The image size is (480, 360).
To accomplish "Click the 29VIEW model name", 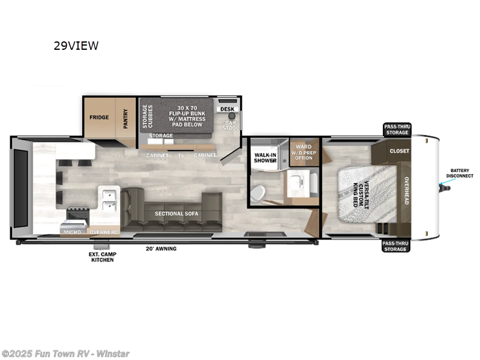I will coord(76,46).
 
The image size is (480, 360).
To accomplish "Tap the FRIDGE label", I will coord(99,117).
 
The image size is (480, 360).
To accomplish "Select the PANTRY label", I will coord(125,116).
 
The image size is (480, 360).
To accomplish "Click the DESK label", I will coord(227,109).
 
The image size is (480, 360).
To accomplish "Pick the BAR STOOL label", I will coord(230,125).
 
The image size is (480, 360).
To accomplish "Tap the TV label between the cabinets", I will coord(181,155).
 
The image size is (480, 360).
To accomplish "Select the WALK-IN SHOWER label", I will coord(264,157).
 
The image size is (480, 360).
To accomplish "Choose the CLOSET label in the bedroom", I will coord(398,151).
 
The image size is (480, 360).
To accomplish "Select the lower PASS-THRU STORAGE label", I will coord(395,246).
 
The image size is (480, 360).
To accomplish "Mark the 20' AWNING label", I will coord(161,248).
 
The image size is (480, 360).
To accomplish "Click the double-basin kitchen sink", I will coord(109,200).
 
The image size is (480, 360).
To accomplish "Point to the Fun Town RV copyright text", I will coord(65,353).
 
